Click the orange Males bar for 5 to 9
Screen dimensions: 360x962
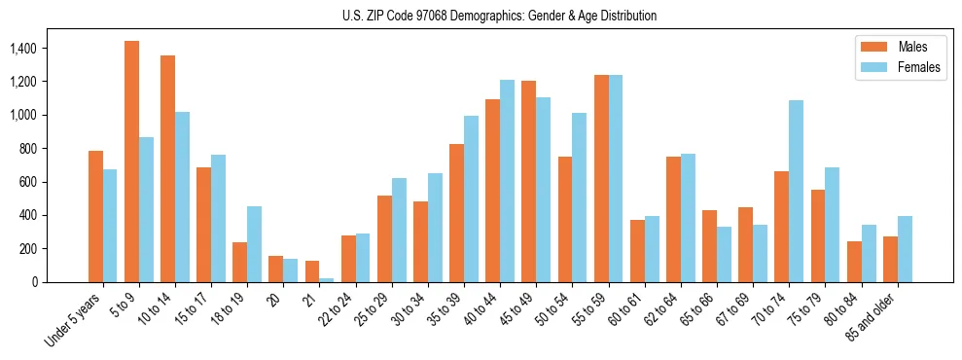[131, 162]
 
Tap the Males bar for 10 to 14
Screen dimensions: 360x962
[167, 168]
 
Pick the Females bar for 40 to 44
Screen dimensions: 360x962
[508, 181]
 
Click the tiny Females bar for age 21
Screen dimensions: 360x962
[327, 280]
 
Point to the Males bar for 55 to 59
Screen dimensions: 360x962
[601, 178]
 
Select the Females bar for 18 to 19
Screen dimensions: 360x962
[255, 244]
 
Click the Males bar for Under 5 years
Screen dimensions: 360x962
[95, 216]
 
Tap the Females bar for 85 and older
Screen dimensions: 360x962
[905, 249]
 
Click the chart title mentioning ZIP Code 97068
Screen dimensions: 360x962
[499, 16]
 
